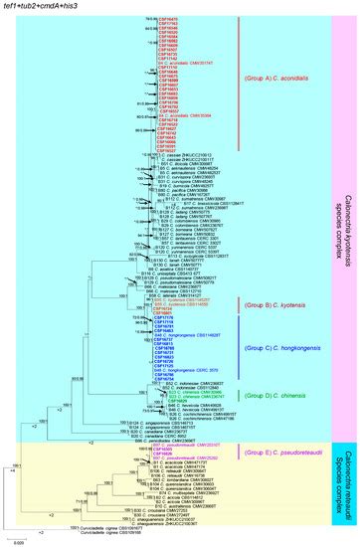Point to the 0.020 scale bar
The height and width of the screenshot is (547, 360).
(21, 537)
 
